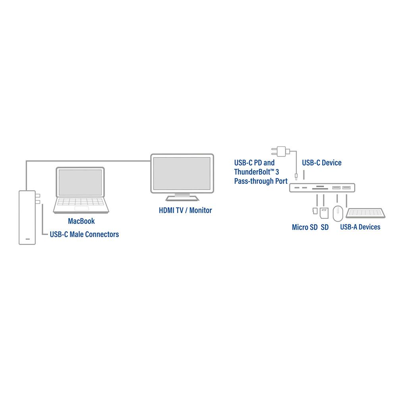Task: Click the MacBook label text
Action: pyautogui.click(x=81, y=221)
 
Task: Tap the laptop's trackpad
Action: pyautogui.click(x=81, y=208)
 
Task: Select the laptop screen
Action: pyautogui.click(x=80, y=182)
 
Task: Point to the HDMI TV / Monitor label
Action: pyautogui.click(x=185, y=210)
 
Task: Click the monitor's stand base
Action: pyautogui.click(x=182, y=198)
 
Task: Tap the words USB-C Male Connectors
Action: pyautogui.click(x=84, y=235)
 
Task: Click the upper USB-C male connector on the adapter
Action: pyautogui.click(x=37, y=196)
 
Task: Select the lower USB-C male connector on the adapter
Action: pyautogui.click(x=37, y=202)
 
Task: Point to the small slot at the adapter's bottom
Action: pyautogui.click(x=28, y=239)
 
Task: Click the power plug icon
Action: pyautogui.click(x=280, y=151)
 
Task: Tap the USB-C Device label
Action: pyautogui.click(x=322, y=162)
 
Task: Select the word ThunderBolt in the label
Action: pyautogui.click(x=252, y=172)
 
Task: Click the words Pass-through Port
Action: pyautogui.click(x=261, y=181)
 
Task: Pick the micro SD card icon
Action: pyautogui.click(x=315, y=211)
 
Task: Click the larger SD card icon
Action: pyautogui.click(x=324, y=213)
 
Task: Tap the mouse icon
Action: pyautogui.click(x=338, y=214)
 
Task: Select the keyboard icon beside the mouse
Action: pyautogui.click(x=365, y=213)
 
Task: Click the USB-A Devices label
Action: pyautogui.click(x=360, y=227)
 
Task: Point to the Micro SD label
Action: pyautogui.click(x=304, y=227)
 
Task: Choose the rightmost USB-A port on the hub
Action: pyautogui.click(x=346, y=188)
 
